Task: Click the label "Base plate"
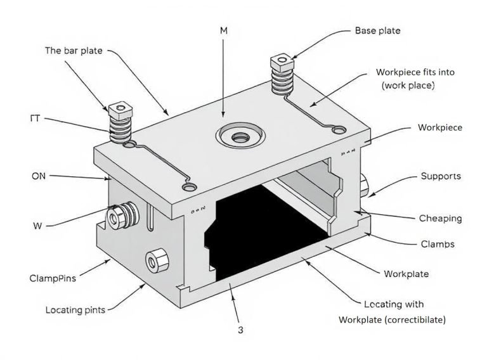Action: tap(377, 30)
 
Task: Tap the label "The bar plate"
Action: tap(74, 50)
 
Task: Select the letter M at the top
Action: tap(224, 30)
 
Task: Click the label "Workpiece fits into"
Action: tap(415, 72)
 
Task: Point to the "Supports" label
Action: tap(441, 176)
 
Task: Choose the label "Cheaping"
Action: tap(440, 219)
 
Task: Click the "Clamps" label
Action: tap(438, 243)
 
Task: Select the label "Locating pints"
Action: tap(75, 310)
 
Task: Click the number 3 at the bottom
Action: tap(240, 330)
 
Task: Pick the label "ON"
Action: tap(38, 176)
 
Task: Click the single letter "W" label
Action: tap(37, 225)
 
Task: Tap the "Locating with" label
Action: tap(394, 305)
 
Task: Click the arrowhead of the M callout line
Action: tap(224, 117)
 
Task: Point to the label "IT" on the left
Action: tap(37, 118)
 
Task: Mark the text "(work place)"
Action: tap(406, 85)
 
